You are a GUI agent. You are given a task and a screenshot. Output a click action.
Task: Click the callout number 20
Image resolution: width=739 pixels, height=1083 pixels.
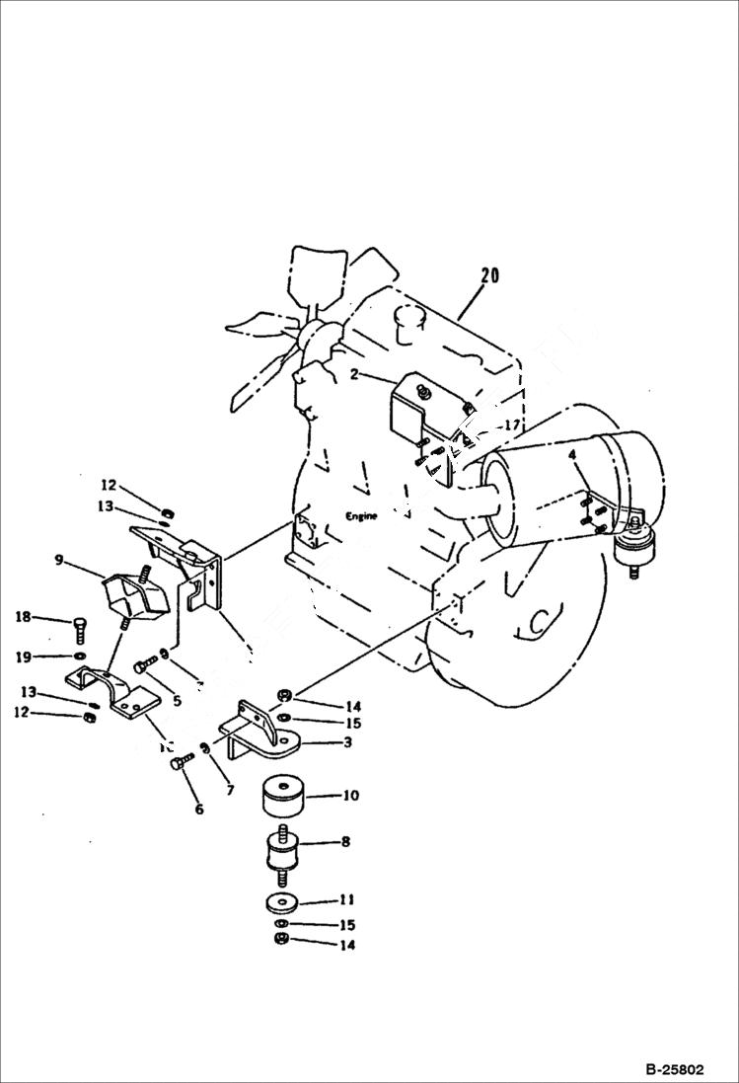(x=488, y=275)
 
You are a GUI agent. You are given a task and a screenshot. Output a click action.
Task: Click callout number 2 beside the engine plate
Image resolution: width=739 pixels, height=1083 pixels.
(x=352, y=375)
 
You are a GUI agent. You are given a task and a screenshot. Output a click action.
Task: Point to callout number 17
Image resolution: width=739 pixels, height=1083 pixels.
(x=510, y=425)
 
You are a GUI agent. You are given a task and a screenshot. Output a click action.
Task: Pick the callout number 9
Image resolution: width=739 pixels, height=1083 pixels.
(x=60, y=561)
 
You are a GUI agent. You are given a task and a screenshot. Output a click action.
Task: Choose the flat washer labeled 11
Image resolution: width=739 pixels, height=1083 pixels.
(x=283, y=902)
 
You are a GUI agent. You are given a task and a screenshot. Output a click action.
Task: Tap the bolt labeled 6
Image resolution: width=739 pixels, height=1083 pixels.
(x=178, y=763)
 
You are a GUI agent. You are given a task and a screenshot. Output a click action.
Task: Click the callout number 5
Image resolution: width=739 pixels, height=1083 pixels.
(x=177, y=702)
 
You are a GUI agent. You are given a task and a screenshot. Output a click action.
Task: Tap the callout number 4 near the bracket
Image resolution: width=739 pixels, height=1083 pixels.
(x=571, y=456)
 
